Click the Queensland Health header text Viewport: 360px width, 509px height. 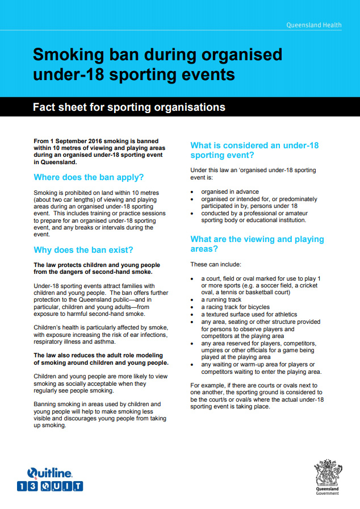coord(321,25)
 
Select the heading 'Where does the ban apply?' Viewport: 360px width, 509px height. coord(89,177)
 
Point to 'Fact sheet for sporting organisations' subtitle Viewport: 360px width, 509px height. coord(129,107)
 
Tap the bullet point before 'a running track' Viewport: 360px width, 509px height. coord(193,300)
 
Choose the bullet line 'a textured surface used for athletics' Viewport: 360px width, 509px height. coord(249,314)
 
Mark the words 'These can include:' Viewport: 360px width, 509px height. coord(216,264)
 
